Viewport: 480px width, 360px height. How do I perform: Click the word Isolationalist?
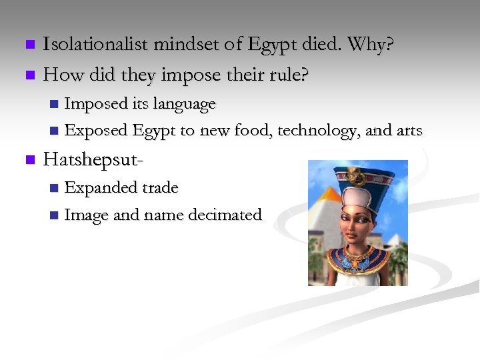coord(95,45)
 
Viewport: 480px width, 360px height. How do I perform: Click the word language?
coord(184,104)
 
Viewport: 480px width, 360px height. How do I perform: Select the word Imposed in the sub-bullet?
coord(95,104)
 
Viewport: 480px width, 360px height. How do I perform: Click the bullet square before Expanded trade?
coord(54,189)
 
